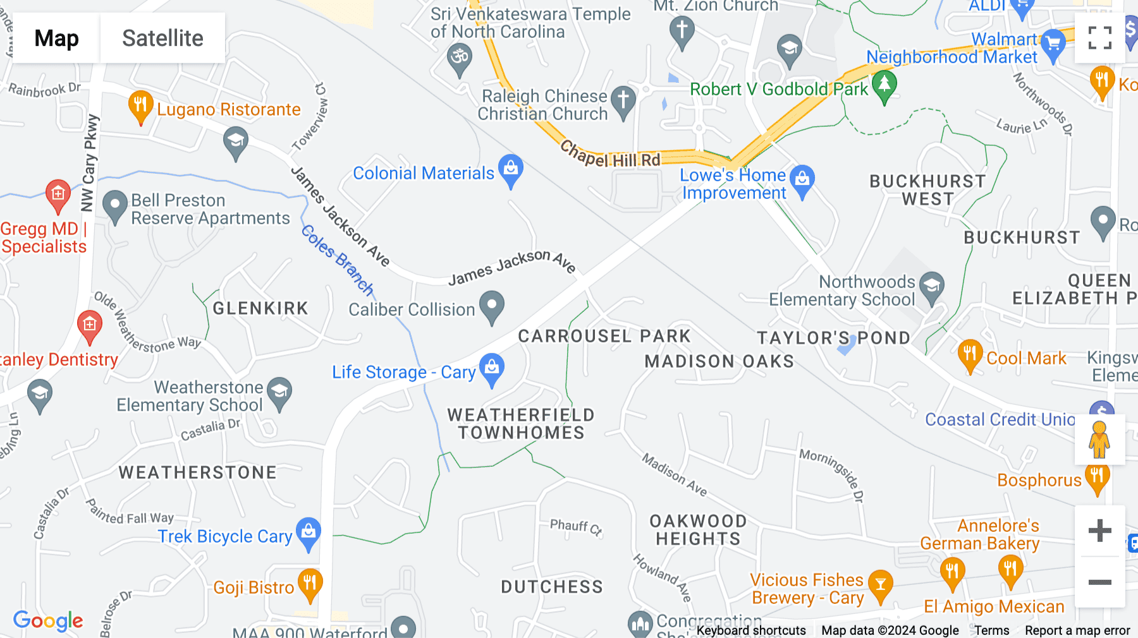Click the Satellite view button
tap(162, 39)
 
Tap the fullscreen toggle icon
tap(1099, 38)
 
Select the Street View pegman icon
tap(1099, 440)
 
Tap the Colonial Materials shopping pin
tap(510, 170)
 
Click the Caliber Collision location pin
tap(491, 306)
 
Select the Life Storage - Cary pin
tap(491, 369)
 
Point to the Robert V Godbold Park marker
tap(884, 85)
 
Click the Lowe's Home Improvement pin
tap(802, 181)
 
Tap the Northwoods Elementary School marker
tap(931, 287)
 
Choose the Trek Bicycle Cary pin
tap(309, 533)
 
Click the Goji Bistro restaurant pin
tap(310, 584)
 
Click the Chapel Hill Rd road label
tap(610, 155)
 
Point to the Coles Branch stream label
tap(338, 260)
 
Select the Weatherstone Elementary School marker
tap(279, 393)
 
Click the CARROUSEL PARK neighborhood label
tap(604, 336)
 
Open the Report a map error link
tap(1077, 630)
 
